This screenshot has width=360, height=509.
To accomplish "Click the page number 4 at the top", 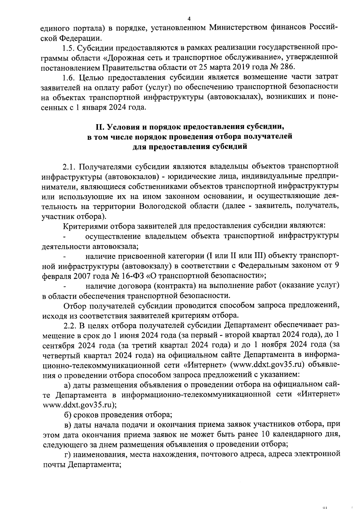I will click(189, 19).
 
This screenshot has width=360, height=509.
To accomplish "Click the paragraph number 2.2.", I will click(70, 325).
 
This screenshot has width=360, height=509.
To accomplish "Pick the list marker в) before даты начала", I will click(68, 425).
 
